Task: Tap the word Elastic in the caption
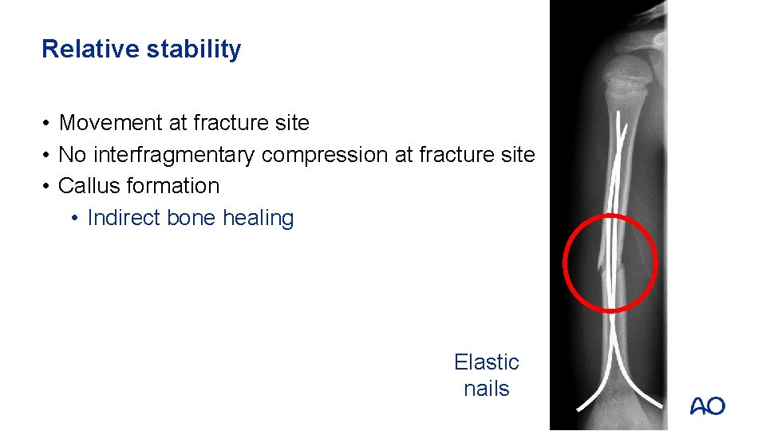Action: click(486, 362)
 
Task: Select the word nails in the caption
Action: click(486, 389)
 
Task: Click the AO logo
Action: click(707, 405)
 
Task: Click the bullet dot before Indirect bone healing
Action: click(73, 218)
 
